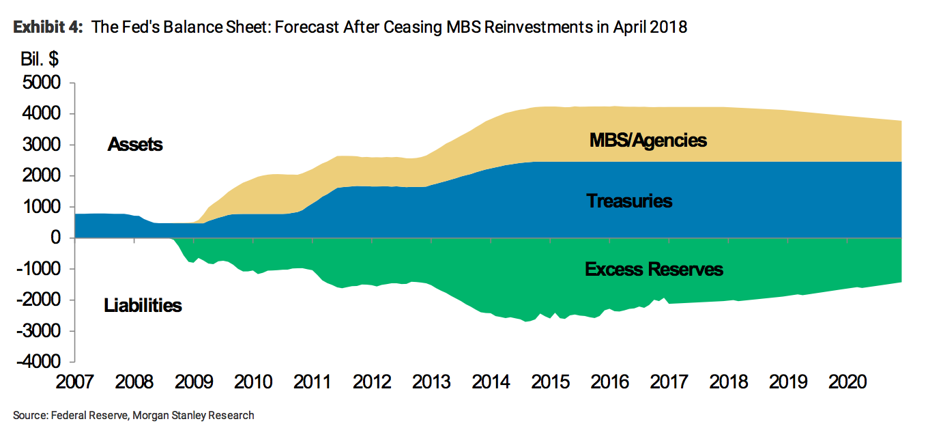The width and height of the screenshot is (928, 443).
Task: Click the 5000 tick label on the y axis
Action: pyautogui.click(x=42, y=83)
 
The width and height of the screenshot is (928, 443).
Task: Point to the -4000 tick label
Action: pyautogui.click(x=40, y=362)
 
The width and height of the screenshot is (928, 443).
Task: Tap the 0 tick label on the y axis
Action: pyautogui.click(x=56, y=238)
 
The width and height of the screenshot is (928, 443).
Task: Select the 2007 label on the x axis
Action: pyautogui.click(x=73, y=382)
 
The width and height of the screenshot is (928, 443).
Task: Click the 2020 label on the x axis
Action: pyautogui.click(x=848, y=382)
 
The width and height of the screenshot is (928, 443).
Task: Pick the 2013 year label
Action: pyautogui.click(x=431, y=382)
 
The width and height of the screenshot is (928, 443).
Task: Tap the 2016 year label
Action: pyautogui.click(x=609, y=382)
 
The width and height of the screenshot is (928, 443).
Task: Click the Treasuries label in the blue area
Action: pyautogui.click(x=629, y=201)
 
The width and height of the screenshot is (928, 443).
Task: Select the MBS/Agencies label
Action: pyautogui.click(x=648, y=141)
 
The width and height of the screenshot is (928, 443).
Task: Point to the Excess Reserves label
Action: pyautogui.click(x=654, y=270)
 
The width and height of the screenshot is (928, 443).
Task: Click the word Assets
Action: pyautogui.click(x=135, y=145)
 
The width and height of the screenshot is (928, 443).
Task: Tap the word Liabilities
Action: pyautogui.click(x=143, y=305)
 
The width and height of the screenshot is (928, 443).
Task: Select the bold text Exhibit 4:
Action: pyautogui.click(x=48, y=28)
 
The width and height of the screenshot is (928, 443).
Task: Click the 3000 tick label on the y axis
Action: pyautogui.click(x=42, y=145)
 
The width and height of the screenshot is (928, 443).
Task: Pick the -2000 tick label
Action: pyautogui.click(x=40, y=300)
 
